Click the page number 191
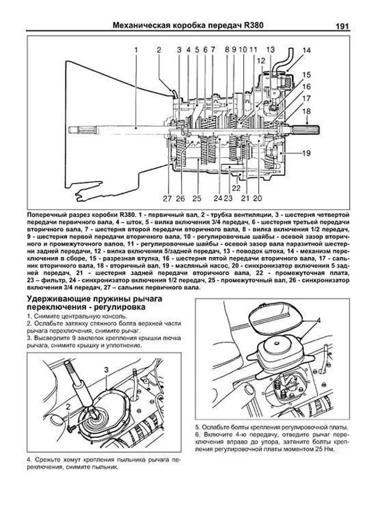click(x=342, y=26)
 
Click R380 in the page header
click(x=253, y=25)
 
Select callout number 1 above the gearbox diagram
click(x=136, y=50)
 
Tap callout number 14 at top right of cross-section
click(x=306, y=50)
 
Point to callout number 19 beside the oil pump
click(x=306, y=153)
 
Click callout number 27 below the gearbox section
click(x=167, y=198)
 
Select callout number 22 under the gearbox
click(x=236, y=188)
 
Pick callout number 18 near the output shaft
click(x=306, y=111)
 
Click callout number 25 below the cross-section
click(x=196, y=198)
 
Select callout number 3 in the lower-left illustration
click(x=106, y=370)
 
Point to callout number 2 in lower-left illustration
click(x=68, y=407)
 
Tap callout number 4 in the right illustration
click(x=318, y=320)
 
